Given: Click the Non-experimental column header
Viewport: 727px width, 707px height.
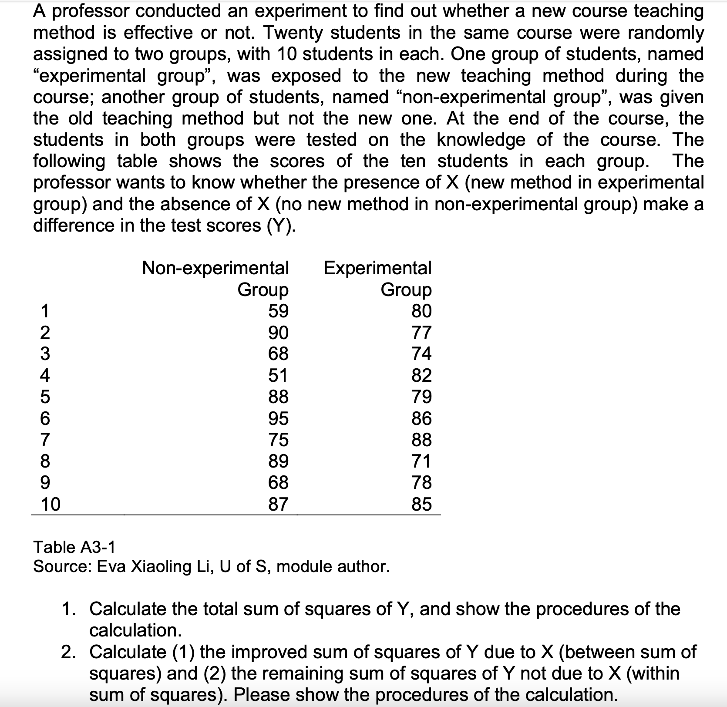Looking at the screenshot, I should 215,268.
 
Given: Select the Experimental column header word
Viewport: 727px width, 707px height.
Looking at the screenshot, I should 377,268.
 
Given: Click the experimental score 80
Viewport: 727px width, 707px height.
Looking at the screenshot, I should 421,311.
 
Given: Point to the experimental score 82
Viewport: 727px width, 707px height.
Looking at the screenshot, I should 421,375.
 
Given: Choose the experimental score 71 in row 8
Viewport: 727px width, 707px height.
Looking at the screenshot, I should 421,461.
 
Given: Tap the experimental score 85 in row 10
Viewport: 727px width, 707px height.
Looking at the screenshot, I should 421,504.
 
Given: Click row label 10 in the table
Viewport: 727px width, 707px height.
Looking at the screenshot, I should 50,504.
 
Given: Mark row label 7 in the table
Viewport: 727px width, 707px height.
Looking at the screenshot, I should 45,440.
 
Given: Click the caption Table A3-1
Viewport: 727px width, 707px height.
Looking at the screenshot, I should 74,546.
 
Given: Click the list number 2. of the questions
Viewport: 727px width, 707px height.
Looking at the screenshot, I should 72,652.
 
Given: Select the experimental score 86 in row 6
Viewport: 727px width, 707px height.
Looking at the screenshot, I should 421,418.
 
